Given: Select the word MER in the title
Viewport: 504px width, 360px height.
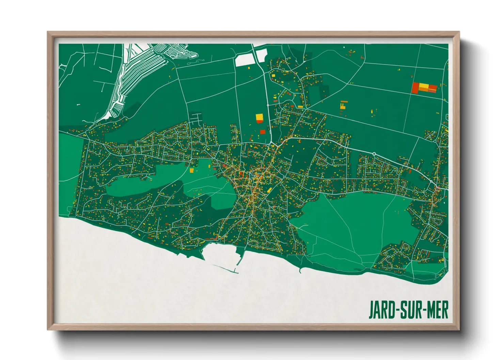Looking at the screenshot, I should coord(437,310).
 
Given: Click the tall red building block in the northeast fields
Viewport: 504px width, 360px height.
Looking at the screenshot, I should coord(415,88).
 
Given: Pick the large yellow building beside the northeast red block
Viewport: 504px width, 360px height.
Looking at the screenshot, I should coord(424,86).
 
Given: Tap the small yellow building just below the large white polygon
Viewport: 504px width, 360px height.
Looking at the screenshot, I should coord(249,68).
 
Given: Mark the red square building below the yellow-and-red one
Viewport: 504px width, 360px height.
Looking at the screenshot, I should coord(263,132).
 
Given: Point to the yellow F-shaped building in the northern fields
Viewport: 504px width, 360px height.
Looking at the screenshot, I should coord(343,104).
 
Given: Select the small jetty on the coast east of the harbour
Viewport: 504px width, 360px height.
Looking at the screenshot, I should coord(300,271).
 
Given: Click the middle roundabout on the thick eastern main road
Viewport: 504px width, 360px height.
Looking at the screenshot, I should coord(374,154).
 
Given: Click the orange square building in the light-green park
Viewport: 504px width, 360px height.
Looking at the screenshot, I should coord(191,170).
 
